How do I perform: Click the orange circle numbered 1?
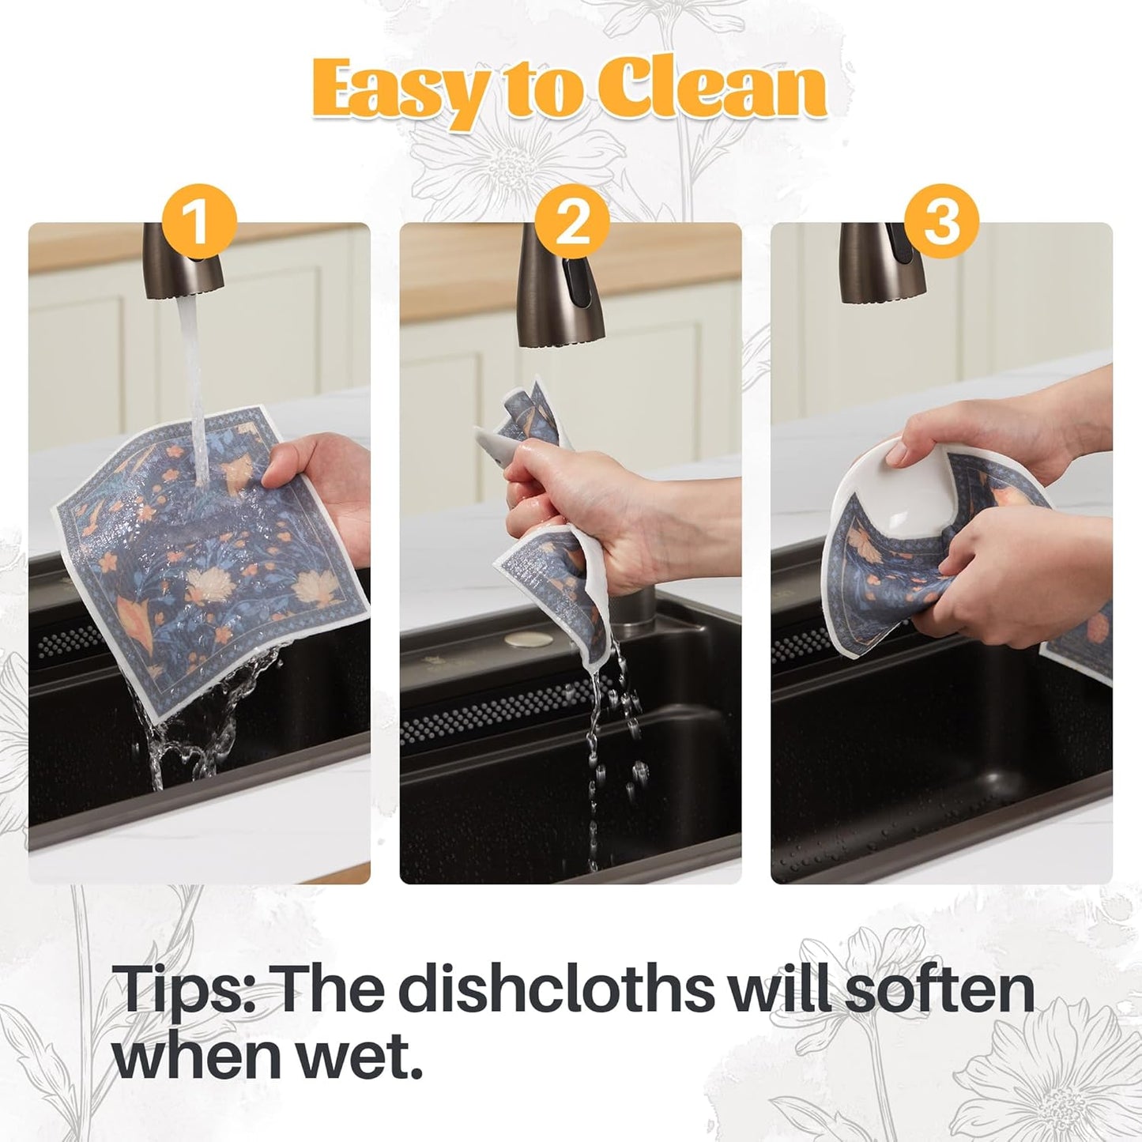click(198, 222)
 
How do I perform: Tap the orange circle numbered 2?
click(571, 222)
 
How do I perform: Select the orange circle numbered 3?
click(941, 222)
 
